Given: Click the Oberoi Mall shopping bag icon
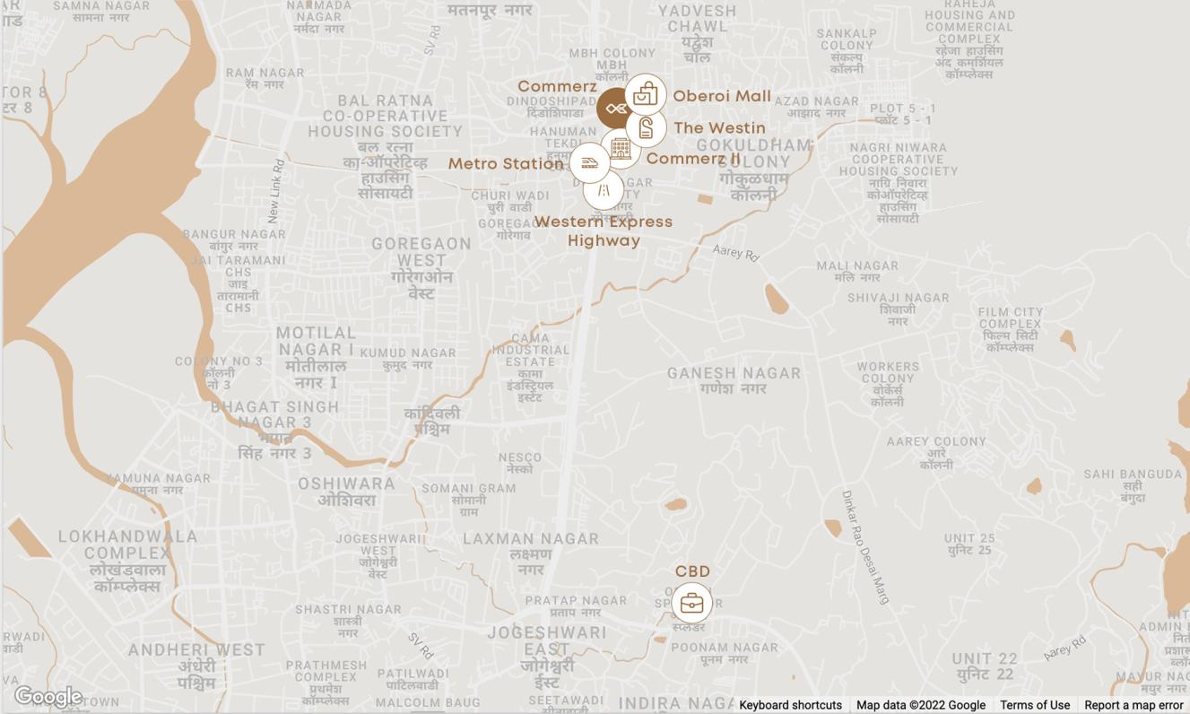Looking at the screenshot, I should tap(646, 94).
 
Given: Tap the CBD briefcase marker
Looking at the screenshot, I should tap(691, 603).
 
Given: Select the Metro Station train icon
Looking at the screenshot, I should tap(589, 163).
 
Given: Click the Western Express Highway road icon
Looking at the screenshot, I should tap(604, 190).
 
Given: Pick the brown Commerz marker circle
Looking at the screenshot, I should tap(616, 109).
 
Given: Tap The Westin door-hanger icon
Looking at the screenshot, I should tap(646, 127).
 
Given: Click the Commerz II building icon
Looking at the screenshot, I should tap(621, 148).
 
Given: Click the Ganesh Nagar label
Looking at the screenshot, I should tap(734, 380).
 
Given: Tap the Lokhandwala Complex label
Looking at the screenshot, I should tap(128, 561).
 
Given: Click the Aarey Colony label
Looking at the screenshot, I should tap(936, 453).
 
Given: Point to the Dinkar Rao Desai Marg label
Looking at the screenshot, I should tap(864, 546).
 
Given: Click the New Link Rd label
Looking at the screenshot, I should tap(276, 191).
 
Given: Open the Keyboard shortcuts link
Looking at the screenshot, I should tap(790, 705).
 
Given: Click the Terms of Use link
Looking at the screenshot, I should tap(1035, 705).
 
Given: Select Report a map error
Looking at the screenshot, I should tap(1134, 705).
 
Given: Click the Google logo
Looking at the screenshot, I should tap(48, 696).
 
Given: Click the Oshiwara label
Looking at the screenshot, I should tap(347, 492).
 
